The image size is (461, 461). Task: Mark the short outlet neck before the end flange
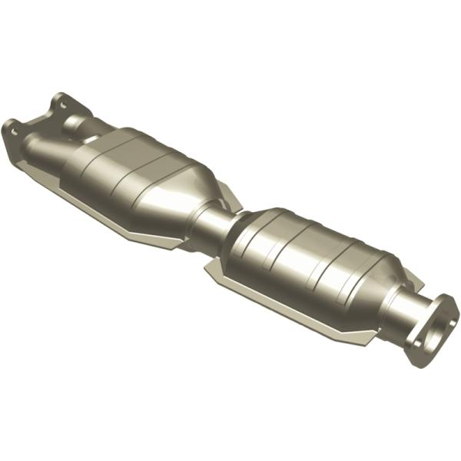[403, 311]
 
